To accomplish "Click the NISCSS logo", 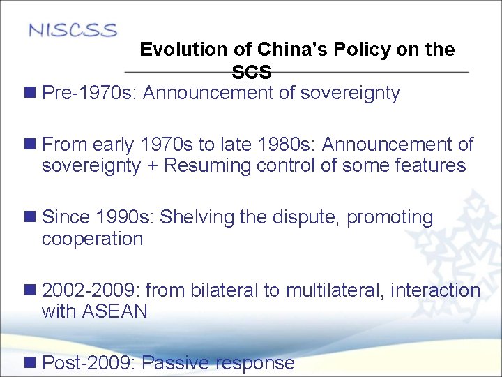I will tap(73, 31).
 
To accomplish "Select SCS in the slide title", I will tap(252, 73).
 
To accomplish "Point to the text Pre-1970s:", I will tap(90, 94).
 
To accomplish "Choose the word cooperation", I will tap(92, 239).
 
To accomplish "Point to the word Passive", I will tap(176, 363).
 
